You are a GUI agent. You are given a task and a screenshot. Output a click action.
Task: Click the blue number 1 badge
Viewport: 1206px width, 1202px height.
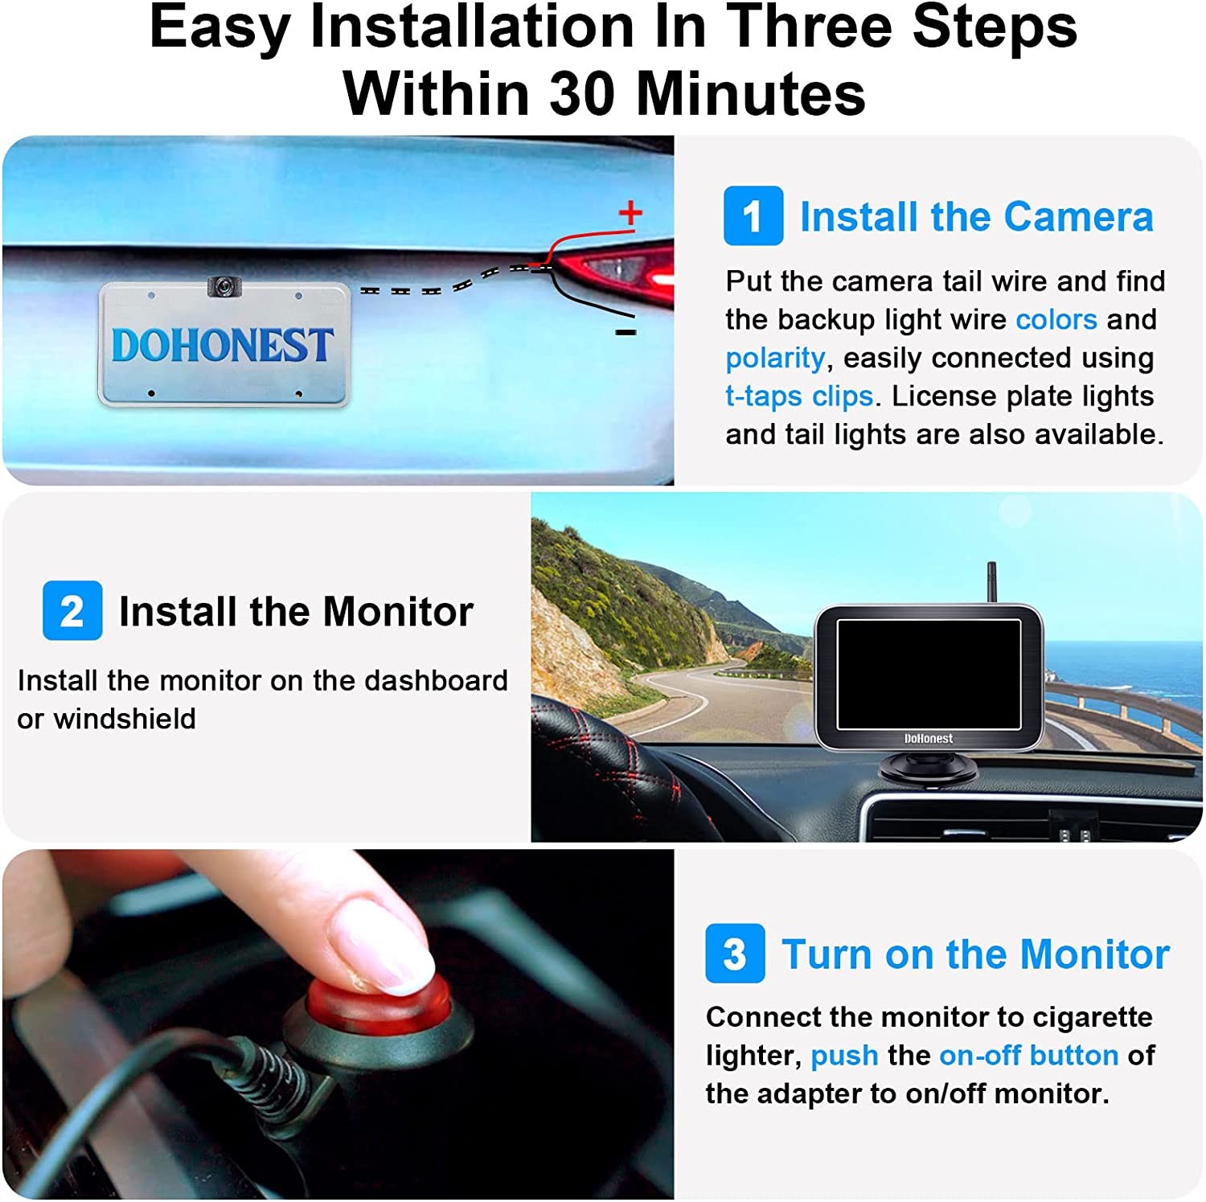tap(753, 215)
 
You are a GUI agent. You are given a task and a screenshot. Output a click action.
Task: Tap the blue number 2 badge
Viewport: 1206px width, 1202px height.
tap(72, 610)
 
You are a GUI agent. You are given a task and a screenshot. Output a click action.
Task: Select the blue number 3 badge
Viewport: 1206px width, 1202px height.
tap(735, 954)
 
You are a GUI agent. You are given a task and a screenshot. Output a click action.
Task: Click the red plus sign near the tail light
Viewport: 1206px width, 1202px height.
tap(630, 212)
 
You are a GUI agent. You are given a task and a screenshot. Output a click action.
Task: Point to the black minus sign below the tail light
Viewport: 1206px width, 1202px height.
tap(626, 332)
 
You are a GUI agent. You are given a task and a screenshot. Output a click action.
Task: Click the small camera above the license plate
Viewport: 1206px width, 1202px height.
tap(224, 285)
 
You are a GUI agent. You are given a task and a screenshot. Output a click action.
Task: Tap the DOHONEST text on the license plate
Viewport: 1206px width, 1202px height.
tap(222, 345)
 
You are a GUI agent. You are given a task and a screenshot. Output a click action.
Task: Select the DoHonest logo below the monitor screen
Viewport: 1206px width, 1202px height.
tap(929, 738)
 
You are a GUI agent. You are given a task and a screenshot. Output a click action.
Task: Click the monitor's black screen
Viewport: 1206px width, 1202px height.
tap(929, 674)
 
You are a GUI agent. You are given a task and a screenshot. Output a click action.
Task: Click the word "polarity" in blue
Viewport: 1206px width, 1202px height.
tap(775, 358)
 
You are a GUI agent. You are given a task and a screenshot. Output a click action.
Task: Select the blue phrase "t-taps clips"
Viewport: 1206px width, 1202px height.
tap(799, 396)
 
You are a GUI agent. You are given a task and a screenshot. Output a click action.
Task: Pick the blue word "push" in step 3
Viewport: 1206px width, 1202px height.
tap(844, 1056)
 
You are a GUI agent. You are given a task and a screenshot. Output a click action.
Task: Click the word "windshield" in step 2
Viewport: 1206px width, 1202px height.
tap(125, 718)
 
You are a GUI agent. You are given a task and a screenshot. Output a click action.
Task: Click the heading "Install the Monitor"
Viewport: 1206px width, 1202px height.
tap(296, 611)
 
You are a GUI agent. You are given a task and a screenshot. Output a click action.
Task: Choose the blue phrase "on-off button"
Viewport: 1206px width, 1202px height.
tap(1028, 1055)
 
